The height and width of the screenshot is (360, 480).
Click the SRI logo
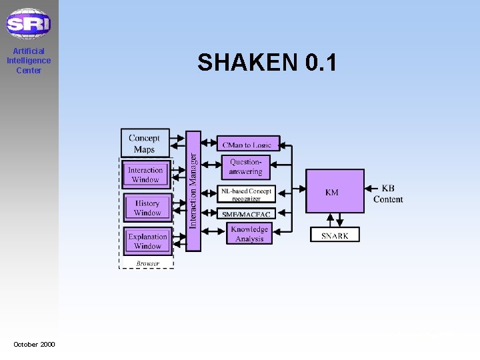pyautogui.click(x=29, y=24)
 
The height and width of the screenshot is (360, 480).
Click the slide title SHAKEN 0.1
pyautogui.click(x=267, y=63)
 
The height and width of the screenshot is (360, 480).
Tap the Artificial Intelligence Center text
pyautogui.click(x=29, y=61)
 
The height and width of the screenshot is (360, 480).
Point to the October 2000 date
pyautogui.click(x=35, y=344)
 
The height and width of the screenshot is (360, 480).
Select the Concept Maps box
pyautogui.click(x=144, y=143)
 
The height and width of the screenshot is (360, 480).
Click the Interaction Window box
pyautogui.click(x=146, y=175)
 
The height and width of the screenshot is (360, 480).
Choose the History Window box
pyautogui.click(x=147, y=208)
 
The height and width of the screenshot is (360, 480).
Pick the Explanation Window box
pyautogui.click(x=147, y=241)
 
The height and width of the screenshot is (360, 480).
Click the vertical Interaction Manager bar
pyautogui.click(x=193, y=191)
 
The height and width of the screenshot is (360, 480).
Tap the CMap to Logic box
pyautogui.click(x=247, y=144)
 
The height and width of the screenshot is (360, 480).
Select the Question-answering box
pyautogui.click(x=245, y=167)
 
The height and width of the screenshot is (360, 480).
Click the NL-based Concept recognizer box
pyautogui.click(x=246, y=194)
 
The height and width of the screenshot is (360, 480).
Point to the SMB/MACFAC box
pyautogui.click(x=246, y=213)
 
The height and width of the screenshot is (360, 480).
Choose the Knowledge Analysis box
pyautogui.click(x=249, y=234)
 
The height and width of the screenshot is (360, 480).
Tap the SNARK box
pyautogui.click(x=335, y=235)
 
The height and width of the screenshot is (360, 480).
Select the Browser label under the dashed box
pyautogui.click(x=147, y=264)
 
